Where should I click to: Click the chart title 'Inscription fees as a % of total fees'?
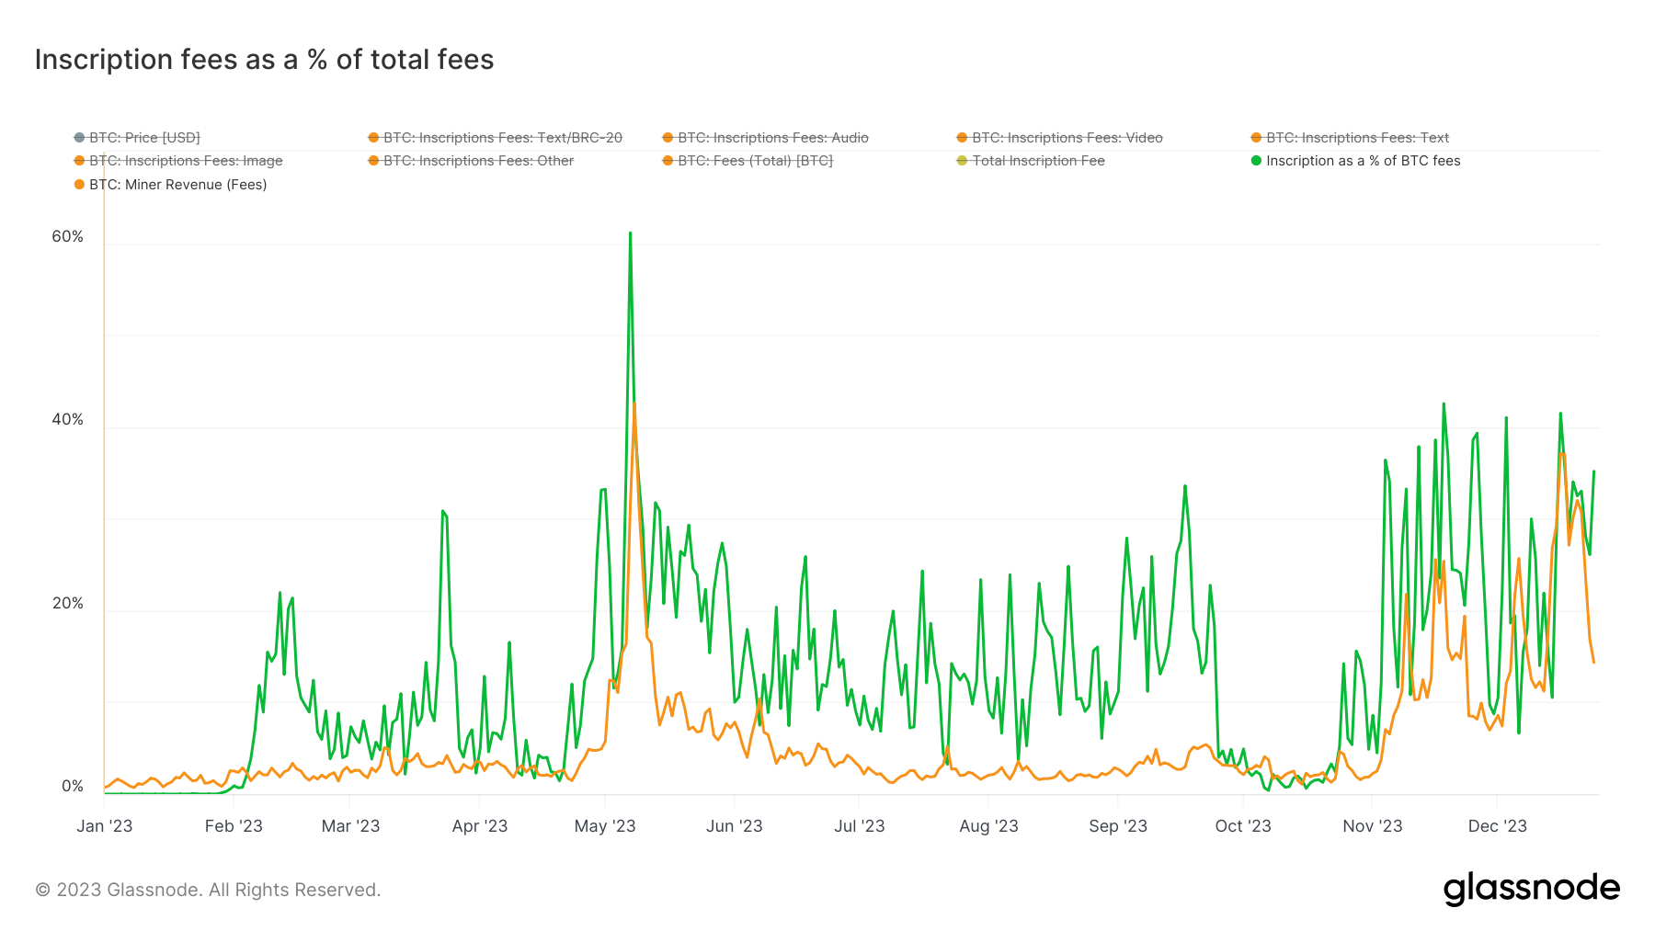point(264,60)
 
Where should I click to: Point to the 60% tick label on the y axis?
point(67,237)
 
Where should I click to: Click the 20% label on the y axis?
point(67,604)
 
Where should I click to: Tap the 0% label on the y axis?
point(72,787)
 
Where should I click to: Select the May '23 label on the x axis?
point(605,826)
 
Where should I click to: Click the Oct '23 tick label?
point(1243,826)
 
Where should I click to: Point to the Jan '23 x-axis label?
point(104,826)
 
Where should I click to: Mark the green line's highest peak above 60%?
point(630,233)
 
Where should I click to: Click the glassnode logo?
point(1531,889)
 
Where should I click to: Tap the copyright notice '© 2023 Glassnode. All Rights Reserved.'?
point(208,890)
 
